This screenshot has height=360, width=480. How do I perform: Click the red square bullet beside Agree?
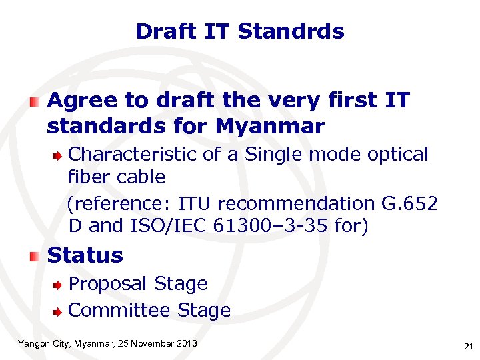pos(35,101)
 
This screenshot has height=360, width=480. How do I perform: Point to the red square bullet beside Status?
pos(35,256)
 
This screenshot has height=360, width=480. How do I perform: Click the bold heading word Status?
pos(85,255)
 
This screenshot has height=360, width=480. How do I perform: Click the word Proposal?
pos(109,284)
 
